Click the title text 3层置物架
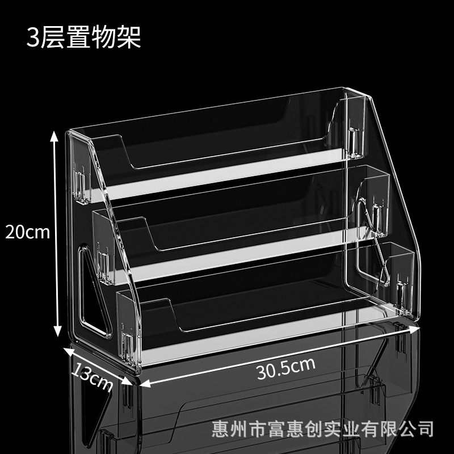point(83,37)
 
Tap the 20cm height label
point(27,232)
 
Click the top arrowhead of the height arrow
point(54,136)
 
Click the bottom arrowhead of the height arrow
point(58,331)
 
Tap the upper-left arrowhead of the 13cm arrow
point(68,351)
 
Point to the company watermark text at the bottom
point(322,429)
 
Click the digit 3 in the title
point(33,37)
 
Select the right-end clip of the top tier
point(355,142)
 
